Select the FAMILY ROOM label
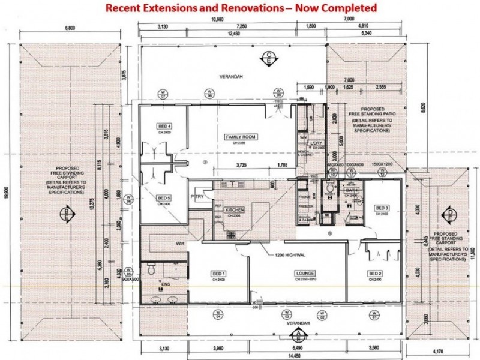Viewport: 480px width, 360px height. click(241, 137)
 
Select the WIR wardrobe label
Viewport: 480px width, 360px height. click(179, 244)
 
